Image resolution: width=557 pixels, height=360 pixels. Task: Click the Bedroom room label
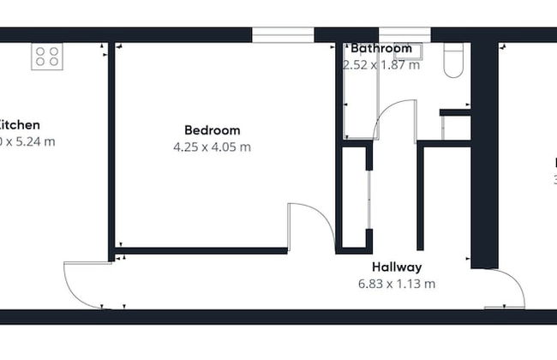tap(212, 130)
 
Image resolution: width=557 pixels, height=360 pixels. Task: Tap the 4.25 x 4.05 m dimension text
tap(212, 147)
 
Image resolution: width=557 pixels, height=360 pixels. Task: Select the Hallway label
tap(397, 267)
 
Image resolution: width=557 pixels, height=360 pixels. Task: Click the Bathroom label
tap(381, 49)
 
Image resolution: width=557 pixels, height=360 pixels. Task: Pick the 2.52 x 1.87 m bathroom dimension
tap(381, 65)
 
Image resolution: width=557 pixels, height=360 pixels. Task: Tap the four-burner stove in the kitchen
tap(47, 57)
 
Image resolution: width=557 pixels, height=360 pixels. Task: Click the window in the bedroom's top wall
tap(283, 34)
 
